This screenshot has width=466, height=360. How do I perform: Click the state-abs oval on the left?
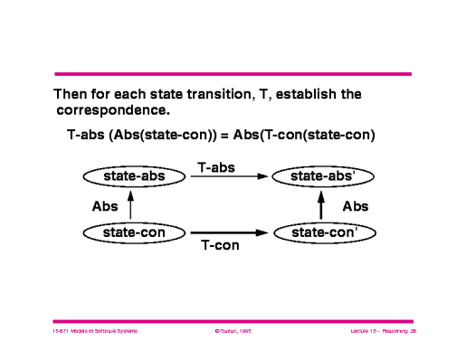133,175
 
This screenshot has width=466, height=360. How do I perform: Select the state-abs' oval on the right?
323,175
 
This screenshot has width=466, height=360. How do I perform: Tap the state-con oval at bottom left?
133,233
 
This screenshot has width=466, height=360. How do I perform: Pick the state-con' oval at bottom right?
323,233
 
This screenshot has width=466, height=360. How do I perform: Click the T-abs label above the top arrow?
216,166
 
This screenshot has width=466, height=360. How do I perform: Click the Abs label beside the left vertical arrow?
105,205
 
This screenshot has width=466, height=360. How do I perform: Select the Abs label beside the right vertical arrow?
355,206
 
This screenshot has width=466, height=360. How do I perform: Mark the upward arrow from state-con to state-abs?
132,205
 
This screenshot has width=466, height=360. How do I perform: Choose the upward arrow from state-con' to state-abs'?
322,205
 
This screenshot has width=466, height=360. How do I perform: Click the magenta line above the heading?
233,73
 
